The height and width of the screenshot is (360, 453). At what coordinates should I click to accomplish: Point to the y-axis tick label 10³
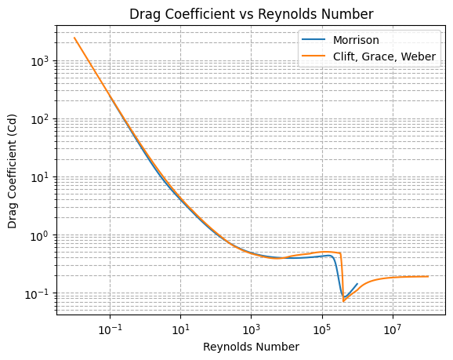pyautogui.click(x=39, y=60)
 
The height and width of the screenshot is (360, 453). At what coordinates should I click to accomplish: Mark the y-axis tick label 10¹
pyautogui.click(x=39, y=177)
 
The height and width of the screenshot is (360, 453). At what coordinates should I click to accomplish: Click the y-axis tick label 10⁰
pyautogui.click(x=39, y=235)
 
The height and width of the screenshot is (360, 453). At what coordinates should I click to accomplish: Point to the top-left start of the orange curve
pyautogui.click(x=74, y=38)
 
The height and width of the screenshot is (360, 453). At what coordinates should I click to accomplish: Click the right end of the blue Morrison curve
pyautogui.click(x=357, y=284)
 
